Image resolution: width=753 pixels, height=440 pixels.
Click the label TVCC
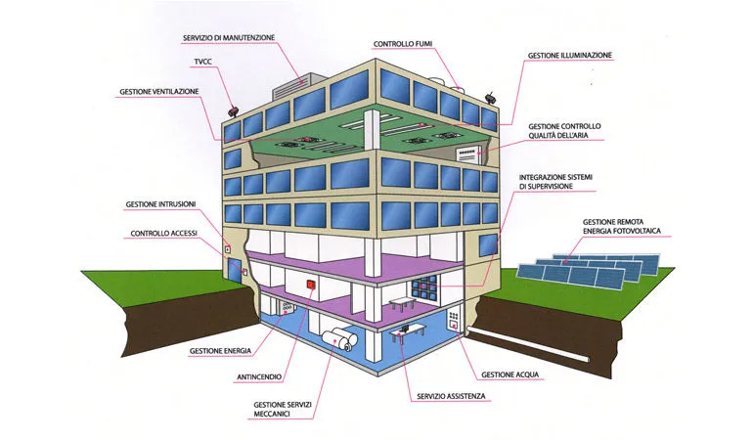coord(202,62)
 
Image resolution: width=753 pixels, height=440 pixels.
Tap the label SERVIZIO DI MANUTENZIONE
coord(229,37)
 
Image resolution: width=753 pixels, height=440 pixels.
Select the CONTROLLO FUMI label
coord(403,44)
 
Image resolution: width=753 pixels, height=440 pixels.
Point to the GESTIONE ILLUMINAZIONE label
coord(570,56)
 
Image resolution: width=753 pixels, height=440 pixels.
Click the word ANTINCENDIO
coord(259,377)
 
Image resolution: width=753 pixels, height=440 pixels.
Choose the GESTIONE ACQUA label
coord(510,374)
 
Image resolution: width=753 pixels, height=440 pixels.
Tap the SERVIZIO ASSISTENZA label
coord(451,396)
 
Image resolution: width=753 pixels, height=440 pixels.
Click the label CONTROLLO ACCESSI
coord(163,234)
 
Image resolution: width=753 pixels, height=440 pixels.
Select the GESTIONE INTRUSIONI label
coord(161,204)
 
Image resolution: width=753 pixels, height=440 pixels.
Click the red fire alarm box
coord(311,285)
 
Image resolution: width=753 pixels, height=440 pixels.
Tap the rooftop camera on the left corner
coord(234,110)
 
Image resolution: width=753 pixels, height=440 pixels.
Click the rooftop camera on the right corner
coord(491,98)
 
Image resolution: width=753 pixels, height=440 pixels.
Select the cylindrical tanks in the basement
coord(340,339)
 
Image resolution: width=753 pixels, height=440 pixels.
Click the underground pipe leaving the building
coord(528,344)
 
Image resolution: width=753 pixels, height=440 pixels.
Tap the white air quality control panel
coord(468,154)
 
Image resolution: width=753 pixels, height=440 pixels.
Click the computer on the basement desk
coord(404,330)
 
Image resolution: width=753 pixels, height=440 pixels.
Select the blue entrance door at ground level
coord(235,272)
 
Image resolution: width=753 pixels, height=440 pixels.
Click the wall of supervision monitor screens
coord(424,287)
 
